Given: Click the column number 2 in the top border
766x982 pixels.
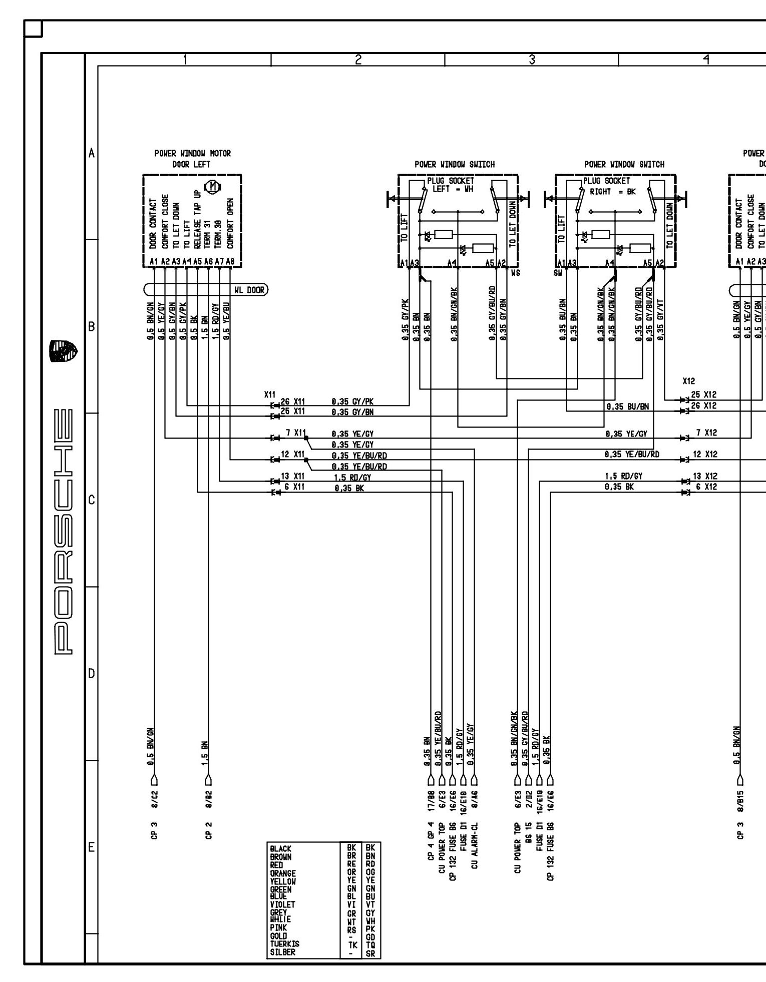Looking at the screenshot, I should (x=357, y=60).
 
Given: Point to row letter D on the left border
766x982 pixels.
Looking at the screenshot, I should (x=91, y=673).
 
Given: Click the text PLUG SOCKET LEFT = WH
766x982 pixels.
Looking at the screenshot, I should (x=450, y=185).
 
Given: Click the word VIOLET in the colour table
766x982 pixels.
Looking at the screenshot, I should (x=283, y=904).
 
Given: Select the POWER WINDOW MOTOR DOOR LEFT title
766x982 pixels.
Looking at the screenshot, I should (x=192, y=159).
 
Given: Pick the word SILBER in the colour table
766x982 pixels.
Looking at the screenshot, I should (x=282, y=952).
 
